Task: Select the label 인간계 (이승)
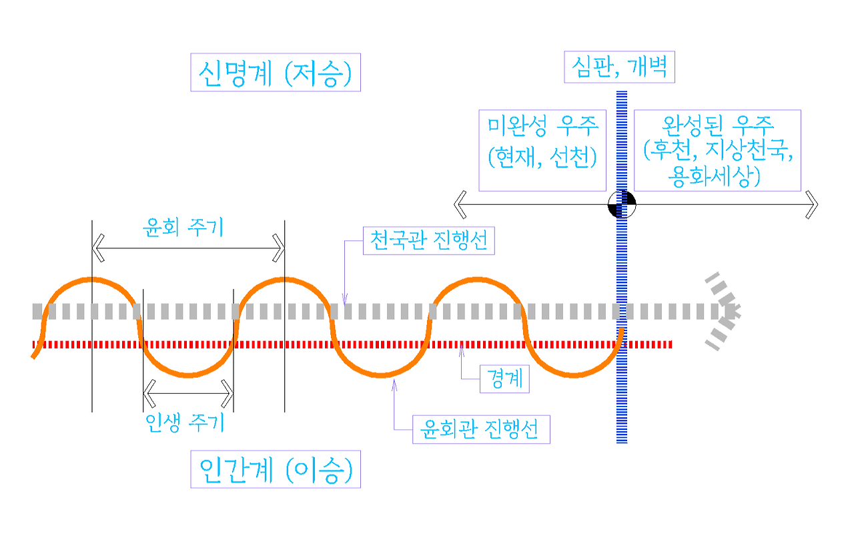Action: coord(276,470)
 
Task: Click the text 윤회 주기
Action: coord(183,226)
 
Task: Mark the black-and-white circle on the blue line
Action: coord(622,204)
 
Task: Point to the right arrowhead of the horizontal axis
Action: coord(811,204)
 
